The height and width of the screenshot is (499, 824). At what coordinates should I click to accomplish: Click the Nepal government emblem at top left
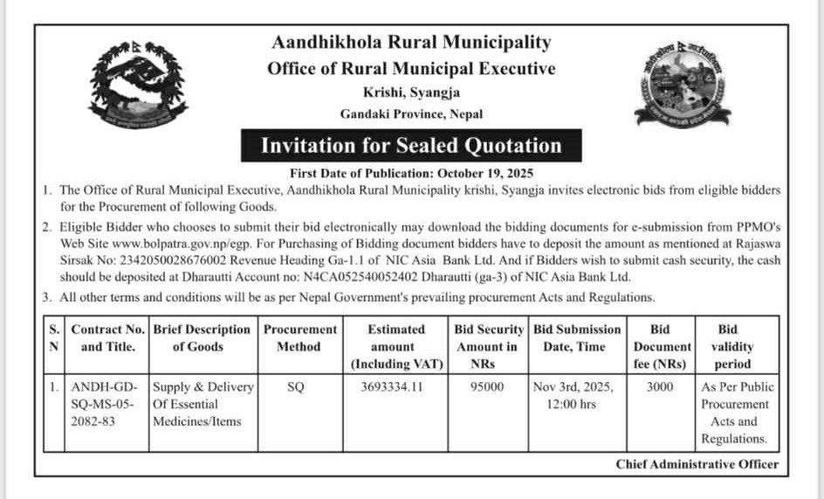click(138, 84)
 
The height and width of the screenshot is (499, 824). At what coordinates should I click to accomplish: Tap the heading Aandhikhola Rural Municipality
click(411, 42)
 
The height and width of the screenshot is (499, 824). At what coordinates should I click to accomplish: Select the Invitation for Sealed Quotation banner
click(411, 145)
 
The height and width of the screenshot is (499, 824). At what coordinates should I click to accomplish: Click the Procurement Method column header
click(299, 338)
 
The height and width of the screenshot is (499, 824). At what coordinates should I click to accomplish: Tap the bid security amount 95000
click(486, 386)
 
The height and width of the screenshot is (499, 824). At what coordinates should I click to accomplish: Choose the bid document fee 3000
click(660, 386)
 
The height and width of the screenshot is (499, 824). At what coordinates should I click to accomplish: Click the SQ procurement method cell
click(296, 386)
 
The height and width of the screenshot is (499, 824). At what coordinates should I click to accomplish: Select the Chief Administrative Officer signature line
click(697, 464)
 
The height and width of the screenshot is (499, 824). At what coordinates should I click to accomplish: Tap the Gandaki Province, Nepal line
click(411, 113)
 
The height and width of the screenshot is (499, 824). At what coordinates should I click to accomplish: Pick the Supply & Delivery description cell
click(203, 404)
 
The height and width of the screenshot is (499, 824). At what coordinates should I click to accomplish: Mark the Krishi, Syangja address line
click(411, 92)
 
